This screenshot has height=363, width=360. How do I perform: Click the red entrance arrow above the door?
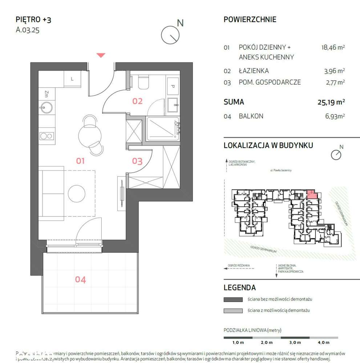(101, 55)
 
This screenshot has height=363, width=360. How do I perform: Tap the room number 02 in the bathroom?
(137, 101)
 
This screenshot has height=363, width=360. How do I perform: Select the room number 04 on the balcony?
(80, 279)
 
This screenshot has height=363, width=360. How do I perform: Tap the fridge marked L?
(72, 79)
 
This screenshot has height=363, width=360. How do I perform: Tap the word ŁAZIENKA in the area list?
(254, 71)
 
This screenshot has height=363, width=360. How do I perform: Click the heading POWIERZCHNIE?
(250, 20)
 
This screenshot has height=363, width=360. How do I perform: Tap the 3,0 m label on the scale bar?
(295, 342)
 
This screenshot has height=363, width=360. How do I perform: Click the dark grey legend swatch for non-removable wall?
(233, 299)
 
